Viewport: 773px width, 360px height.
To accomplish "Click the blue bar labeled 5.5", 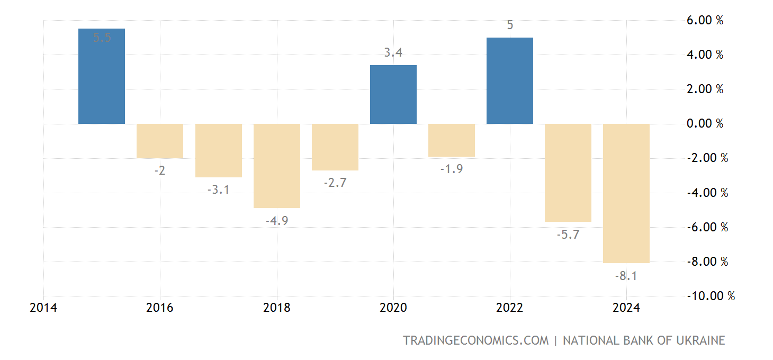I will pyautogui.click(x=102, y=76).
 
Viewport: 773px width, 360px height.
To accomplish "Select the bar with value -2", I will pyautogui.click(x=160, y=141).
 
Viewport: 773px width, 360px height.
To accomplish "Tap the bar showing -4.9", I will pyautogui.click(x=277, y=166).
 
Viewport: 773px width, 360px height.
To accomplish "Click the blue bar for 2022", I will pyautogui.click(x=510, y=80).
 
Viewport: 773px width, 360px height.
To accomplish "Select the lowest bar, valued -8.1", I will pyautogui.click(x=626, y=193).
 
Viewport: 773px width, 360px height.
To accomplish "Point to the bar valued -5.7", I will pyautogui.click(x=568, y=173).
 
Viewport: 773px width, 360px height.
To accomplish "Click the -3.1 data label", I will pyautogui.click(x=219, y=189).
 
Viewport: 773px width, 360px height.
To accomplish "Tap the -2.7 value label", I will pyautogui.click(x=335, y=183).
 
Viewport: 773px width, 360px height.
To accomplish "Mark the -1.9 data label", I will pyautogui.click(x=452, y=169).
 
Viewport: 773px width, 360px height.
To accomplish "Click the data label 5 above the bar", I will pyautogui.click(x=510, y=25).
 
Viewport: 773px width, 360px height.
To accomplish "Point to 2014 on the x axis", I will pyautogui.click(x=43, y=308).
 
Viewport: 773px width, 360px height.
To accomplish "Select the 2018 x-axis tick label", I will pyautogui.click(x=277, y=308).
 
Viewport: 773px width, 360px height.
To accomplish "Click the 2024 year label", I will pyautogui.click(x=626, y=308).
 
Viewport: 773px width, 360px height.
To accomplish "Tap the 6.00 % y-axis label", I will pyautogui.click(x=704, y=21).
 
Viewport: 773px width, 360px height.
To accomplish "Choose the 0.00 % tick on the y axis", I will pyautogui.click(x=704, y=124).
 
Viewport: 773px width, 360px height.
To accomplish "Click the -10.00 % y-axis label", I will pyautogui.click(x=710, y=296).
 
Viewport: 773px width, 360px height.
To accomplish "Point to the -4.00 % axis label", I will pyautogui.click(x=707, y=193).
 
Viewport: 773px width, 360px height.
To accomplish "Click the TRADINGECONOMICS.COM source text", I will pyautogui.click(x=475, y=340).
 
